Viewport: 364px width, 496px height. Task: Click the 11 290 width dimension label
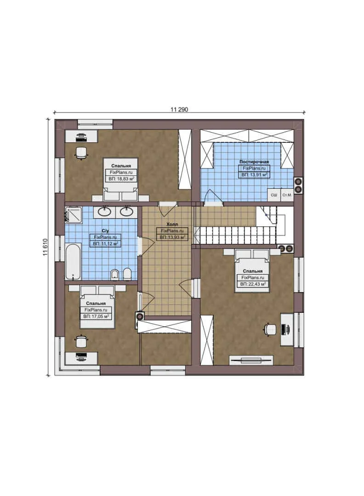pos(180,110)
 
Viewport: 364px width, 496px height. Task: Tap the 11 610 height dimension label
pos(45,248)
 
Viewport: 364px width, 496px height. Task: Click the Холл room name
pos(172,224)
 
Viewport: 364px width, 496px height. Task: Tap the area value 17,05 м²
pos(96,316)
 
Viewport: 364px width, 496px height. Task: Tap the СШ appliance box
pos(273,195)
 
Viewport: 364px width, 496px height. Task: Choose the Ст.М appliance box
pos(287,195)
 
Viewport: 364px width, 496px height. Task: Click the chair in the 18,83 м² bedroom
pos(81,153)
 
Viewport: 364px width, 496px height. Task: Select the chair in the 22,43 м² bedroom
pos(270,329)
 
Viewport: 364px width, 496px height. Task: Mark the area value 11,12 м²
pos(105,243)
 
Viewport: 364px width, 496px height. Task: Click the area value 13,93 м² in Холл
pos(172,237)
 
